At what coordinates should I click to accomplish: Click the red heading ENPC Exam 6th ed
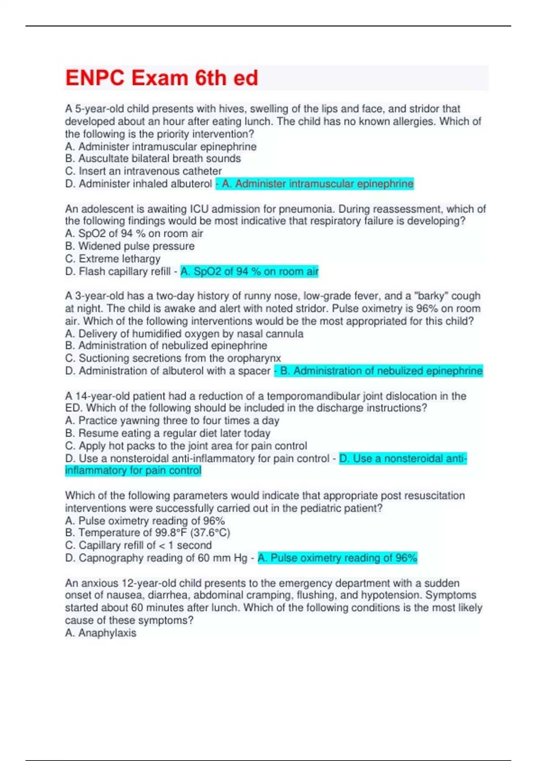tap(162, 78)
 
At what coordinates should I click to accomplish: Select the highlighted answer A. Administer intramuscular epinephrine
tap(315, 184)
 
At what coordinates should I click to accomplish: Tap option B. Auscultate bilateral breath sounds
tap(153, 158)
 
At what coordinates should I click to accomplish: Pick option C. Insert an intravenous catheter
tap(143, 171)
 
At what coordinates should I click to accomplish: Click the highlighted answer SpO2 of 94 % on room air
tap(249, 271)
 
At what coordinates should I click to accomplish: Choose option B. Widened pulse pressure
tap(130, 246)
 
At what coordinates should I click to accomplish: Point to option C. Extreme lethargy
tap(112, 259)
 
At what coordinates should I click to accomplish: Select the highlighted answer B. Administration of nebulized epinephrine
tap(379, 371)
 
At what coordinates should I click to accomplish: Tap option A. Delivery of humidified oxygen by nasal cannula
tap(184, 333)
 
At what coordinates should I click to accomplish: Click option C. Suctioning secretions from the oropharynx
tap(173, 358)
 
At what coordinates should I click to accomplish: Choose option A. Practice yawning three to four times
tap(172, 420)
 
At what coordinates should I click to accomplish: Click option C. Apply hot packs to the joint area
tap(186, 446)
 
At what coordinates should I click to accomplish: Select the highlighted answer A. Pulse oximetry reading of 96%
tap(337, 558)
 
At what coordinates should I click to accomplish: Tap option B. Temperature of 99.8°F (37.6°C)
tap(147, 533)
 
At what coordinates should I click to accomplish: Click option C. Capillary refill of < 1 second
tap(138, 545)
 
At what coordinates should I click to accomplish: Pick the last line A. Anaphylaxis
tap(101, 633)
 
